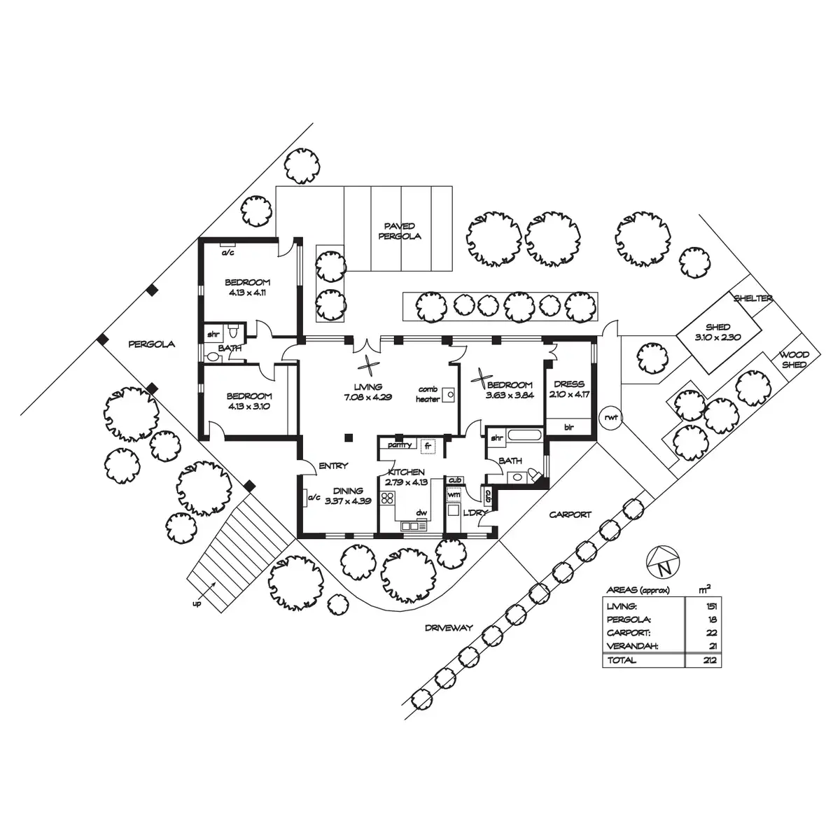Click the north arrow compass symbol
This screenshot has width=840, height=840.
(x=662, y=559)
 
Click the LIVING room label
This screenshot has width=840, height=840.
(x=368, y=386)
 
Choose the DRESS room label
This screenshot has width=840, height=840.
(x=568, y=384)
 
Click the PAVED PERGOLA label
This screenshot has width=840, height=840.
(x=400, y=231)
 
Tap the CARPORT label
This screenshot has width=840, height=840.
(x=570, y=514)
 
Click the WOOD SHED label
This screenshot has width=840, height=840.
(x=794, y=360)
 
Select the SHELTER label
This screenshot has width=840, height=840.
(x=753, y=298)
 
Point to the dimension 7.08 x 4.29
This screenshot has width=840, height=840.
(x=368, y=397)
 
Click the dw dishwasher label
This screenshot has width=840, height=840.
(x=421, y=513)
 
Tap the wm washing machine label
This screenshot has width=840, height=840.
(x=454, y=494)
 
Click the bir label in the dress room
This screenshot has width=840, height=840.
(x=568, y=426)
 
